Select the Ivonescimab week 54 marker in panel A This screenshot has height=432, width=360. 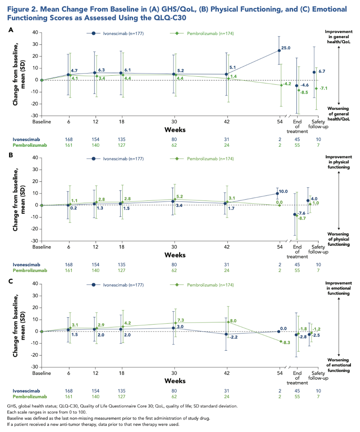[279, 50]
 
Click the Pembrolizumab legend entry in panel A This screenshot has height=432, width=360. [210, 33]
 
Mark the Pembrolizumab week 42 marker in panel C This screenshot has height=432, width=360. [228, 322]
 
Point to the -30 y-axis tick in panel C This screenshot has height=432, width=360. [34, 367]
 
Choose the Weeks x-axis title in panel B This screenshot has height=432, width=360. [175, 255]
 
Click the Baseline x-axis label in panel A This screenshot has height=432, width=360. [42, 122]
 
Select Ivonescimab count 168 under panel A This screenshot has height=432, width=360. [68, 139]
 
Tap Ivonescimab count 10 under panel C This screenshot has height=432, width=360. [318, 390]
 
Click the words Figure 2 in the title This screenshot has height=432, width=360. [23, 9]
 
